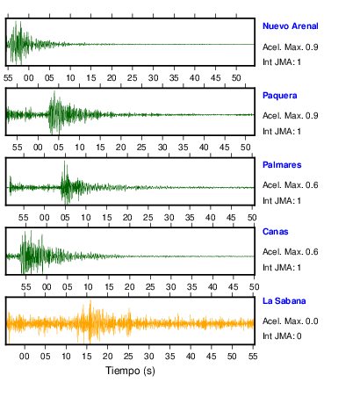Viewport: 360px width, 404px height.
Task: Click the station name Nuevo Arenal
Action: coord(291,26)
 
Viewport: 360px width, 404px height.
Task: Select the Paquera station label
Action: coord(280,96)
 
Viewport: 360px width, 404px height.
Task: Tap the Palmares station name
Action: coord(282,165)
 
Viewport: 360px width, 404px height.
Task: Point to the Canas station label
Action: coord(276,232)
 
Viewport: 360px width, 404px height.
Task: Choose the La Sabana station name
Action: coord(284,301)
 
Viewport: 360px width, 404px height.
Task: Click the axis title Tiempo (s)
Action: coord(130,371)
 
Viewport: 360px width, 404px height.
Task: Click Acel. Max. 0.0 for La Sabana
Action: coord(291,321)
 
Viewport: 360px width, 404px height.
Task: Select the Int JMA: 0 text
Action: coord(282,335)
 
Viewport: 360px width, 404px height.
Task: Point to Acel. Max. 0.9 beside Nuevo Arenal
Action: coord(291,47)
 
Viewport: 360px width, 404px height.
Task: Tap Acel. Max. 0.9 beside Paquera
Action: coord(291,116)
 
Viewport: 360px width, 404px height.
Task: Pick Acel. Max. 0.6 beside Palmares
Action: coord(291,185)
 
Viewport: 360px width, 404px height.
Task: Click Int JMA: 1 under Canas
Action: coord(282,268)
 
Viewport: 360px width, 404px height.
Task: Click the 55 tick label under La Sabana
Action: coord(253,357)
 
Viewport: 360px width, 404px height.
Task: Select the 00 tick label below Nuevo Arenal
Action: coord(29,78)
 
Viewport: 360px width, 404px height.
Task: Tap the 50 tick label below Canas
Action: coord(254,287)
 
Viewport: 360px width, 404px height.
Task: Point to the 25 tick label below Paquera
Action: coord(141,148)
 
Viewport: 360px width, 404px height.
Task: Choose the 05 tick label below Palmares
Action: coord(65,218)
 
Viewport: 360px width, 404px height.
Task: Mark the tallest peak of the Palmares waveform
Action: coord(65,161)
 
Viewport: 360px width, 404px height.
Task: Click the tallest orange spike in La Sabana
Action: coord(90,300)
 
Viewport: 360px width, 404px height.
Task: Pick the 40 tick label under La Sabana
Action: coord(191,357)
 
